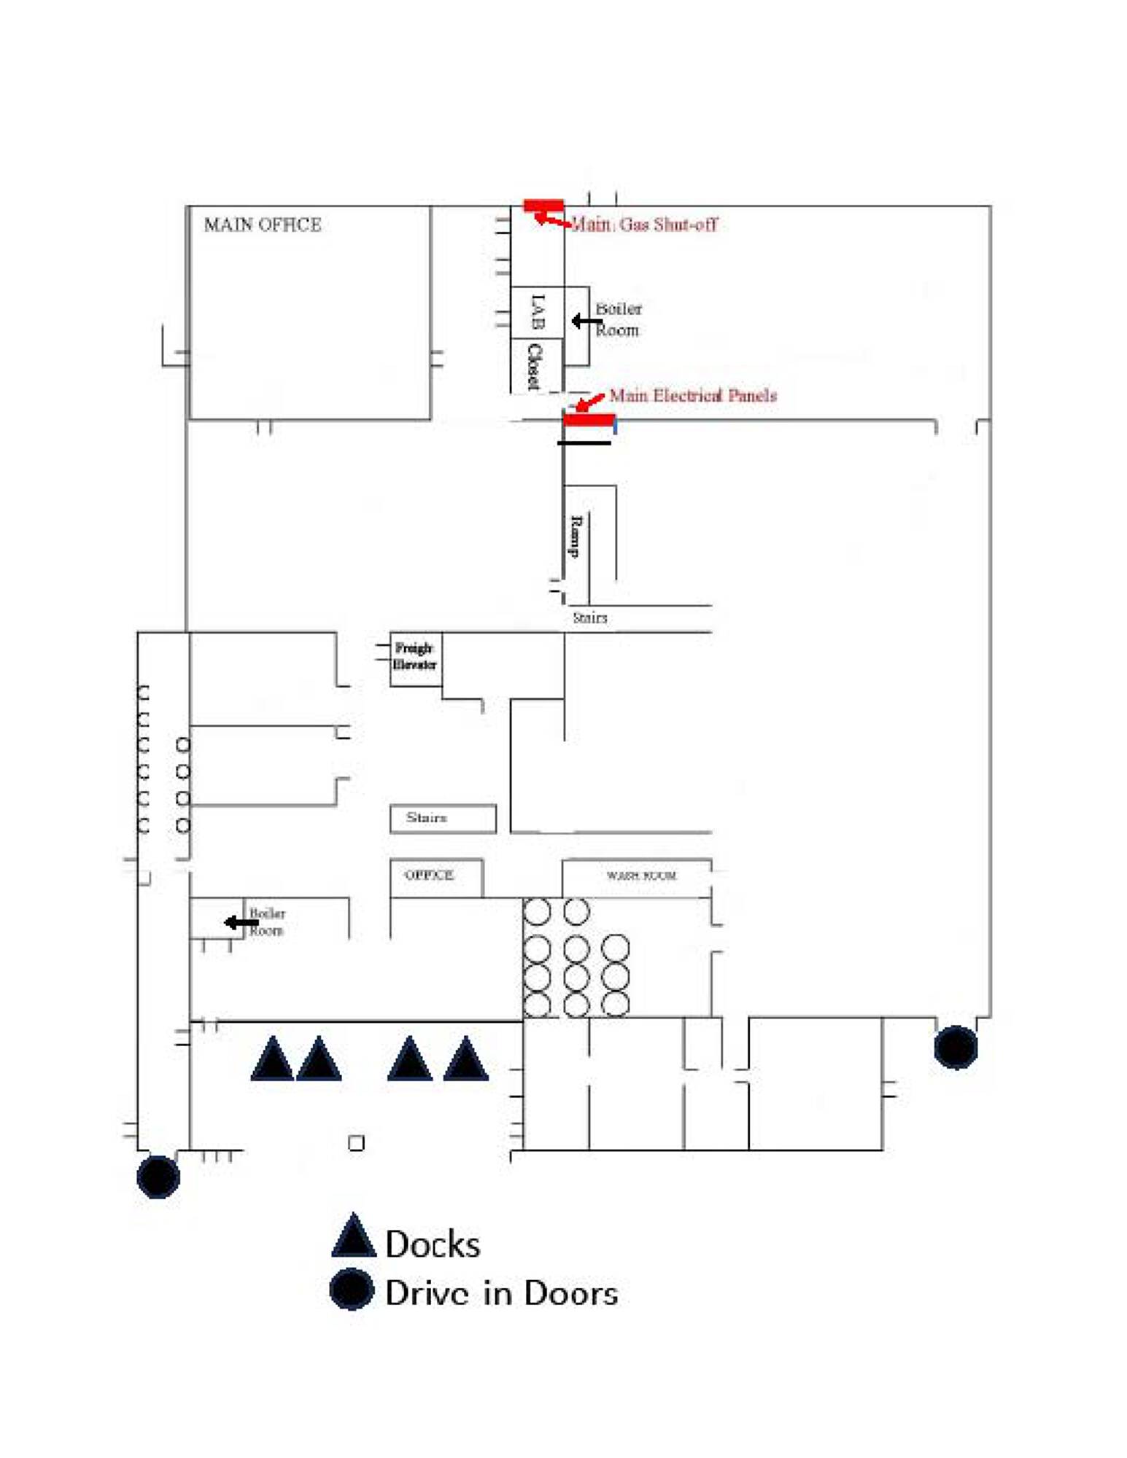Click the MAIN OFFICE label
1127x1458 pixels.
click(x=262, y=225)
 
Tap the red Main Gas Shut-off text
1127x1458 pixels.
click(x=643, y=225)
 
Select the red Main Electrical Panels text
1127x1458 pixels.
click(x=692, y=396)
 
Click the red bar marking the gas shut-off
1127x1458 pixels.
click(x=543, y=206)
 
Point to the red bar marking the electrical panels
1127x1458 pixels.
click(x=589, y=419)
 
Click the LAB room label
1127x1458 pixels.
click(x=538, y=311)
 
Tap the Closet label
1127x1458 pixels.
click(x=535, y=366)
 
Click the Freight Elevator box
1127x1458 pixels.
click(x=415, y=658)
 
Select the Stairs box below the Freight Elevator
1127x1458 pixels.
click(x=442, y=818)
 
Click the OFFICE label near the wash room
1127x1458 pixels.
click(x=429, y=875)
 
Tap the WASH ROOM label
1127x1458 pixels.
click(x=640, y=875)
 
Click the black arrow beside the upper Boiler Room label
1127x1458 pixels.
click(x=586, y=321)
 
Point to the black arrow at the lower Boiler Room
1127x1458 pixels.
click(x=241, y=923)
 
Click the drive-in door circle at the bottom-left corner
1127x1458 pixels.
click(x=158, y=1177)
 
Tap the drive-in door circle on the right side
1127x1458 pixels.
click(x=956, y=1047)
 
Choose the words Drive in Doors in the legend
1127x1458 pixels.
click(x=501, y=1293)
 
